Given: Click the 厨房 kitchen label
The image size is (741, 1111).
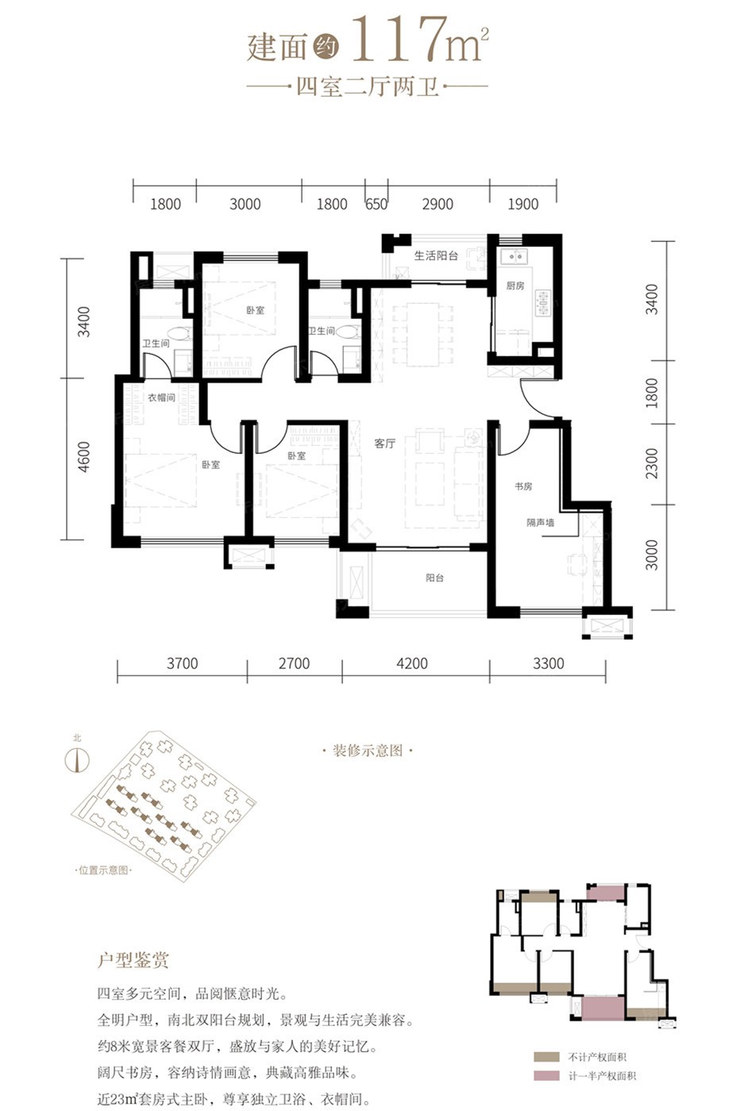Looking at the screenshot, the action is point(515,286).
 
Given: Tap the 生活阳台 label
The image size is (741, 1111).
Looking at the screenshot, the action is point(436,256).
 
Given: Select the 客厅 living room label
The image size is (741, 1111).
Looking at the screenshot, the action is point(384,444).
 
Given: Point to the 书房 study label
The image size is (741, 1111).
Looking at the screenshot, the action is point(523,486).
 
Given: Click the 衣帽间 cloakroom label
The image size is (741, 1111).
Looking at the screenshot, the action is point(161,398).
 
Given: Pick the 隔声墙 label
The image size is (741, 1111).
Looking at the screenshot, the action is point(540,522).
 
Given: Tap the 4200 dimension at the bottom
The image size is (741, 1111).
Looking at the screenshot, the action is point(412,663).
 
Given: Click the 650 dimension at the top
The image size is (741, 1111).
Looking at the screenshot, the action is point(376,204).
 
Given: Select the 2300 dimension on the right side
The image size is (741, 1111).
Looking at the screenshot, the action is point(652,463).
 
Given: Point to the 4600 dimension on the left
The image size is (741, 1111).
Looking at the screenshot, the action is point(84,457).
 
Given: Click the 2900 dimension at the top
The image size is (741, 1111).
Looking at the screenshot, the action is point(438,204).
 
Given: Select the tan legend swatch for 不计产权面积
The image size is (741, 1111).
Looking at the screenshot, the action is point(546,1057).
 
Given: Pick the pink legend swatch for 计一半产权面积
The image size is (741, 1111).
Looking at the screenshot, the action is point(546,1075).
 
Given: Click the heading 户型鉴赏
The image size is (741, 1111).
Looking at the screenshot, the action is point(133,960).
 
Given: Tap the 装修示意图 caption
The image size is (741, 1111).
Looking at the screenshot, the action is point(368,751).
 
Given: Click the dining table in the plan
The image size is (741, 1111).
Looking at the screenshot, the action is point(423,334).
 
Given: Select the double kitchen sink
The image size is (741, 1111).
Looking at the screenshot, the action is point(514,256).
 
